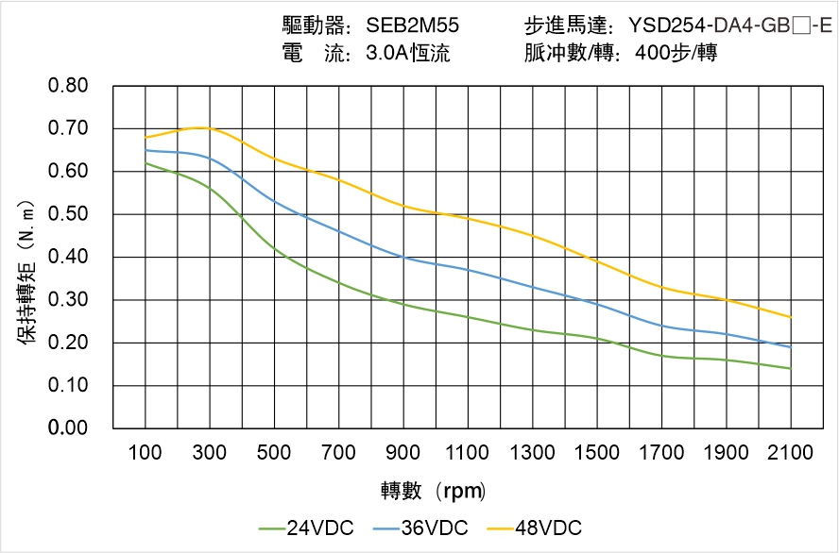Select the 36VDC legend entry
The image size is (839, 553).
click(x=420, y=528)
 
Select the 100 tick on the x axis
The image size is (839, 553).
click(x=145, y=453)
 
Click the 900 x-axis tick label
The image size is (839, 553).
click(x=403, y=453)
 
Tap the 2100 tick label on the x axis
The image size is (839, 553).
click(x=790, y=453)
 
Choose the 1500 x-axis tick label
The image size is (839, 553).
click(x=596, y=453)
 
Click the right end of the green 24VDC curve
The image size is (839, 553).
click(x=790, y=368)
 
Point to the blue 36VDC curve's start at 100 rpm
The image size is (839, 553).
click(x=146, y=150)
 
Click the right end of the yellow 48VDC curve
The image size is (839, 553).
click(x=790, y=317)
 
